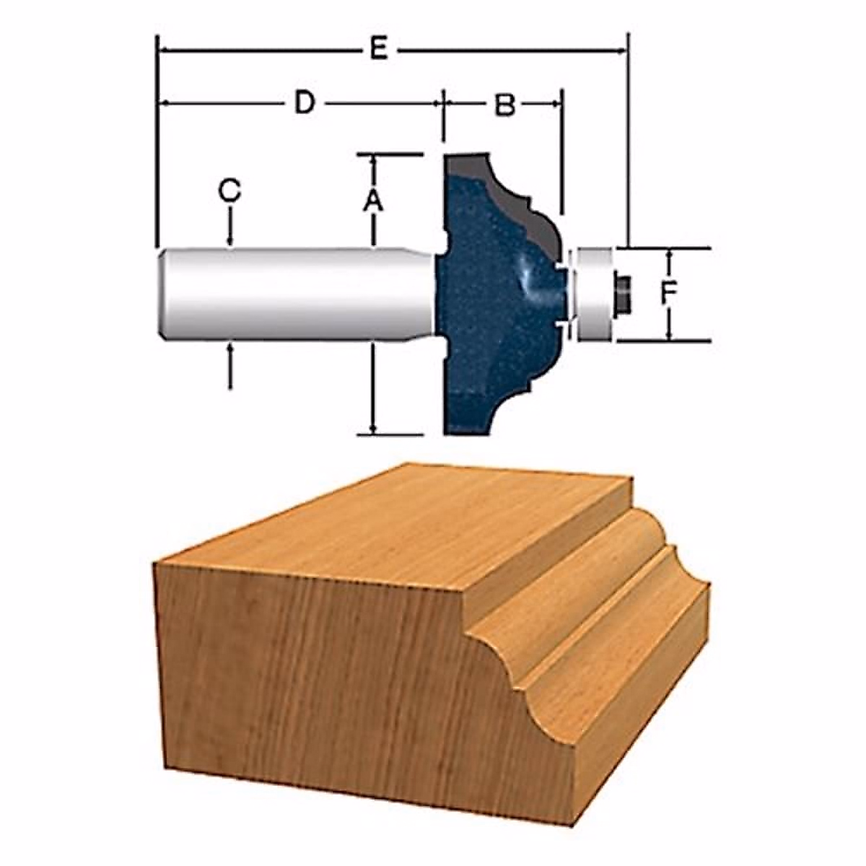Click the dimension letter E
pos(380,50)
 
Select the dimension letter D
pos(305,103)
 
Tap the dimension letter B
pos(505,105)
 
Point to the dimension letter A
pos(372,199)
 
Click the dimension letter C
pos(229,191)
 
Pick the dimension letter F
pos(670,292)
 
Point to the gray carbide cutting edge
pos(505,188)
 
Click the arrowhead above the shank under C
pos(230,242)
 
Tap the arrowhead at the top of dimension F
pos(670,253)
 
